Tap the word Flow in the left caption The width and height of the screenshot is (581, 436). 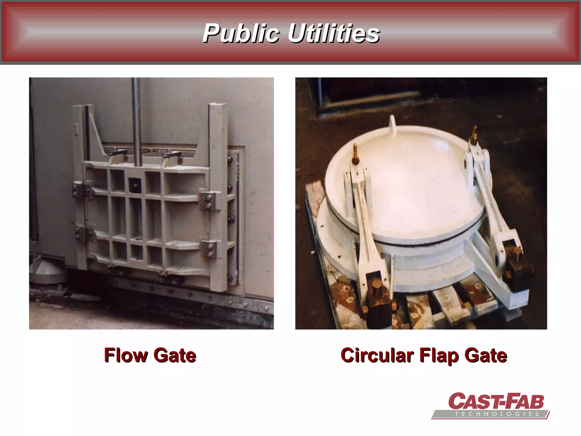(x=126, y=355)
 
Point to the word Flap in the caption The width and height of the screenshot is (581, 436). (x=439, y=356)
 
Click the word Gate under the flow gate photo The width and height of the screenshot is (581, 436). (x=175, y=355)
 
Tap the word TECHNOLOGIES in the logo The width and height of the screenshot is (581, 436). (x=497, y=414)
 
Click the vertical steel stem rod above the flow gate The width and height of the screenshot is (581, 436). (x=136, y=119)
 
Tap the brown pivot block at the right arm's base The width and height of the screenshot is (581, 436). (x=517, y=263)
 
